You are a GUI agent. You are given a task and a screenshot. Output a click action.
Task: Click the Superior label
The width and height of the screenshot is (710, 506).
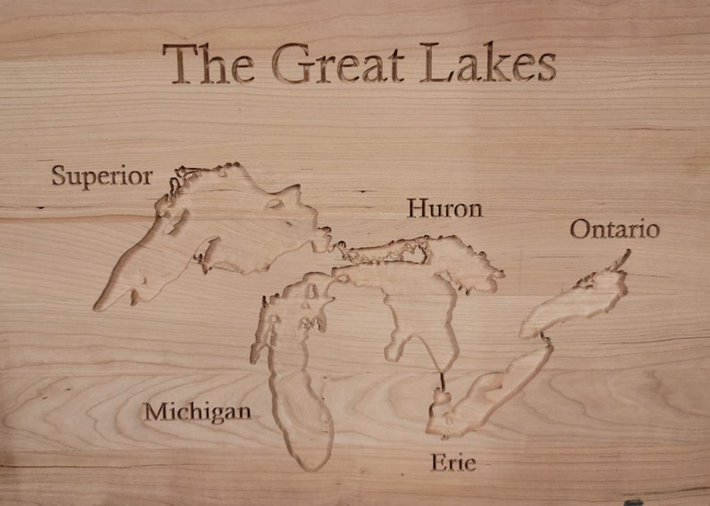[101, 176]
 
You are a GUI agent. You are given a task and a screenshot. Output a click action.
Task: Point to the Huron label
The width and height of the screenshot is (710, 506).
[444, 209]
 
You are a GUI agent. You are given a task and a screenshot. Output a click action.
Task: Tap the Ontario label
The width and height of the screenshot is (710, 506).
[614, 230]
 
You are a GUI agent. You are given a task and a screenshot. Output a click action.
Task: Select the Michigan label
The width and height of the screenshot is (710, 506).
[197, 413]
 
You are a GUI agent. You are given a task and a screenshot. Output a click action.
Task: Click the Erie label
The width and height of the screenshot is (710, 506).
[452, 463]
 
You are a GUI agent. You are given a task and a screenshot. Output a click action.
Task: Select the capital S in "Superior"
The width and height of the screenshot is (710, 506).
[59, 175]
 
